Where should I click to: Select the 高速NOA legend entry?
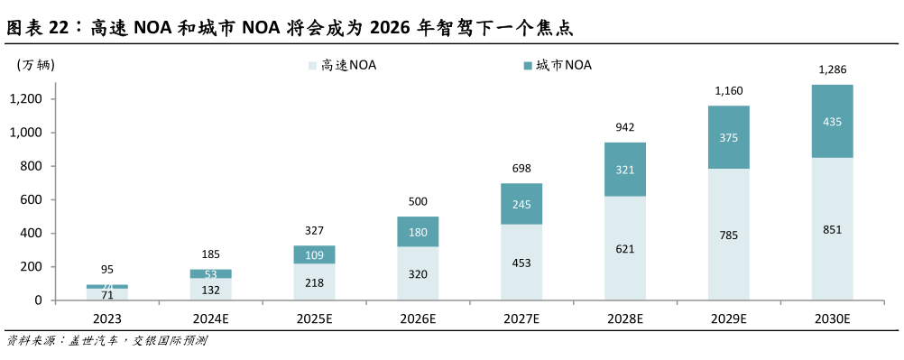[x=343, y=65]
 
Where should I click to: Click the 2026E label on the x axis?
[x=418, y=318]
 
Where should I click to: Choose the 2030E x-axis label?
[x=832, y=318]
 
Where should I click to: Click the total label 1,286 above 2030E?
[x=832, y=69]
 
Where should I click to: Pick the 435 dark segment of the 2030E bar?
[x=832, y=121]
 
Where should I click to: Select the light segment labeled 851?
[x=832, y=229]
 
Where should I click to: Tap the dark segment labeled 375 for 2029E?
[x=728, y=137]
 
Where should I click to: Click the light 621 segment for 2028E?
[x=625, y=248]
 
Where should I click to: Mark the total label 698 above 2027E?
[x=521, y=169]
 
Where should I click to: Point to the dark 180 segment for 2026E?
[x=418, y=232]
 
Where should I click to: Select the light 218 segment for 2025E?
[x=314, y=282]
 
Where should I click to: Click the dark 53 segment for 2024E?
[x=210, y=273]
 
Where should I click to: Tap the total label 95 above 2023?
[x=106, y=269]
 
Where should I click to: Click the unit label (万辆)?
[x=35, y=64]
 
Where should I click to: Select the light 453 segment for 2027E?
[x=521, y=263]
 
